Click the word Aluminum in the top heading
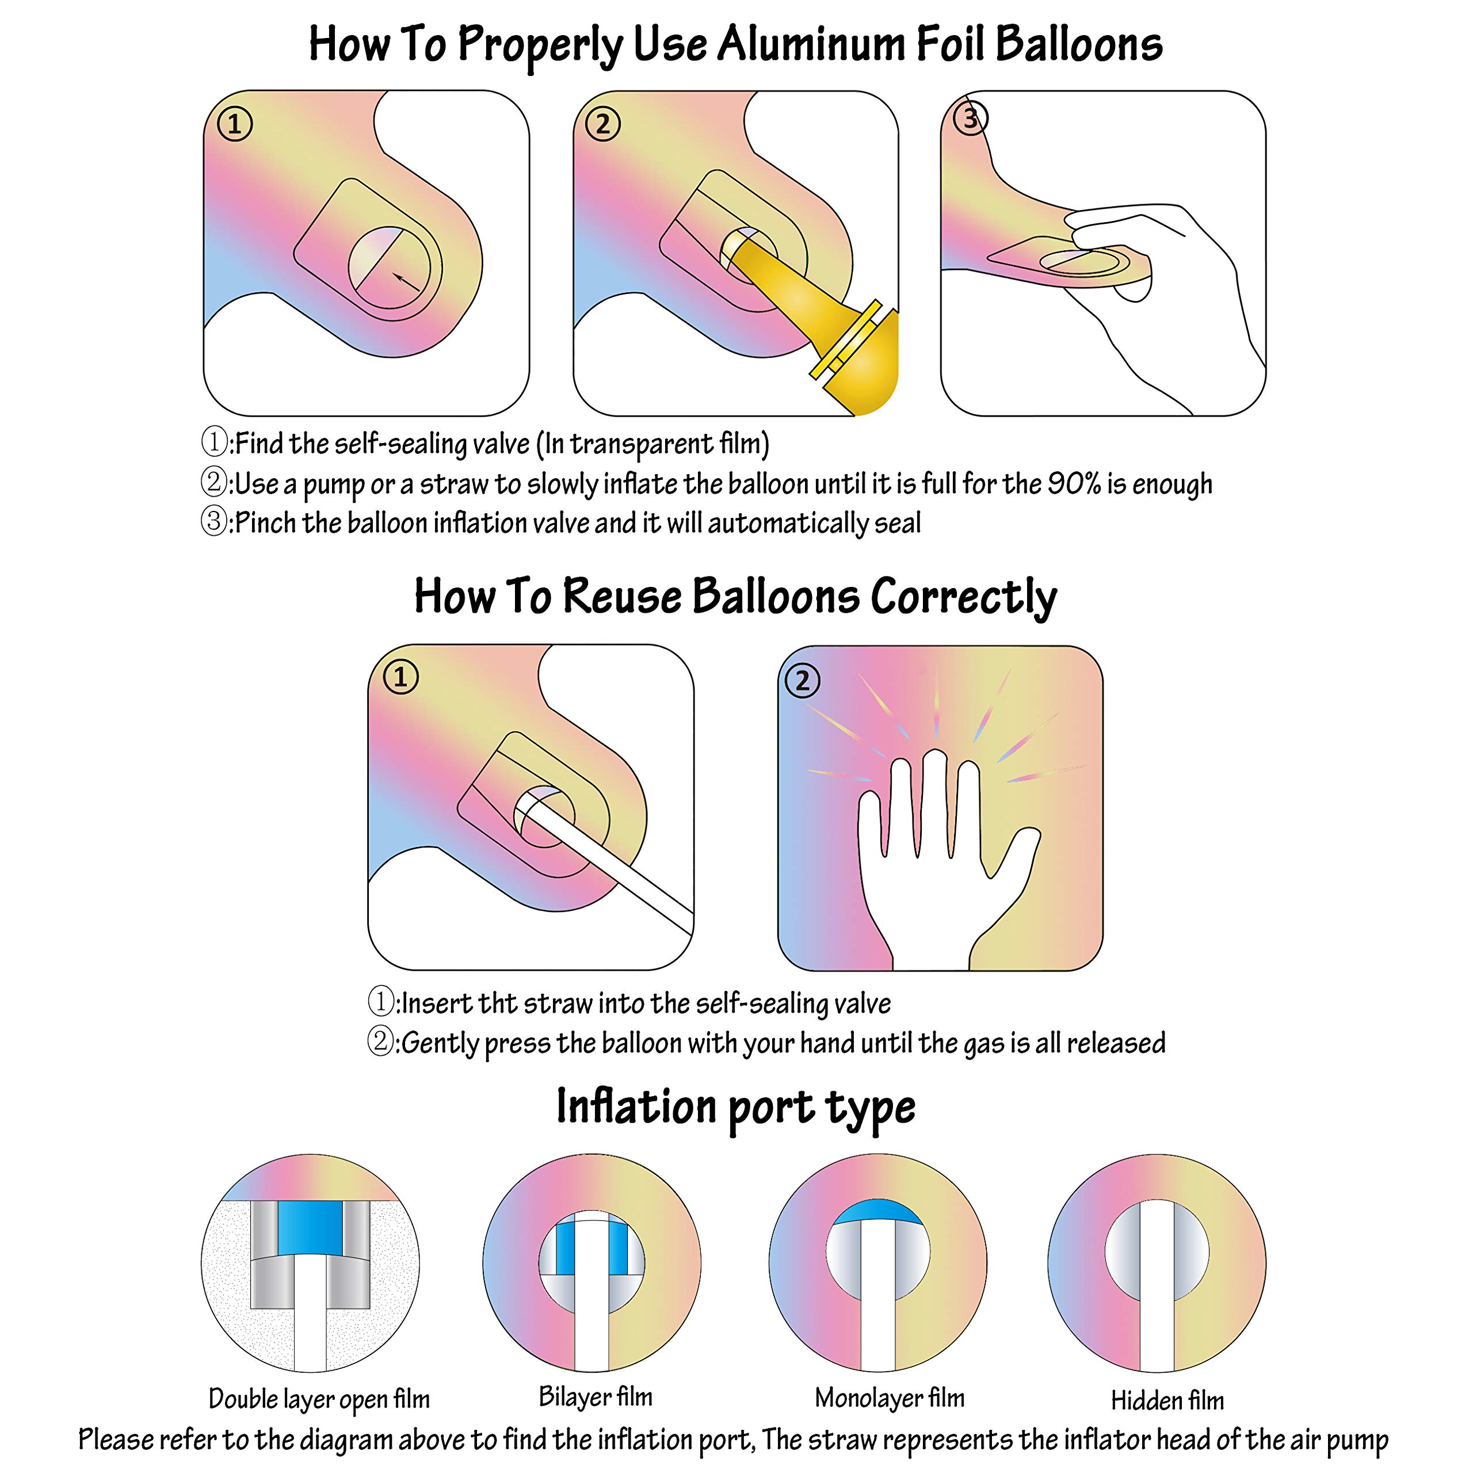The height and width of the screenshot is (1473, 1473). [x=811, y=44]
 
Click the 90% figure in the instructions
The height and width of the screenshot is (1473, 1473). [x=1074, y=483]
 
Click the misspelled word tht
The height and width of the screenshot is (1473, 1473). [x=498, y=1003]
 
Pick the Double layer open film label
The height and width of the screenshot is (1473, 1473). [x=319, y=1398]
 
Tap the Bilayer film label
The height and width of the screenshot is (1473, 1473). [x=596, y=1396]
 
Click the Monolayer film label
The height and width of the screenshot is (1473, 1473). [x=889, y=1398]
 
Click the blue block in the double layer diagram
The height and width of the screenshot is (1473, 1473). [x=310, y=1228]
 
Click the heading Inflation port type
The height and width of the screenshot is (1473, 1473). [x=736, y=1108]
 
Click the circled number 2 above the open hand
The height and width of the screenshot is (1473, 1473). [x=802, y=680]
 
